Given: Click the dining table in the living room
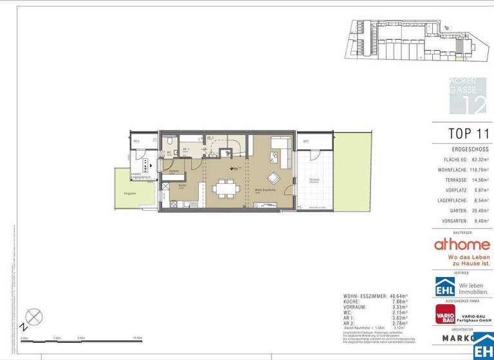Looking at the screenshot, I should [x=226, y=188].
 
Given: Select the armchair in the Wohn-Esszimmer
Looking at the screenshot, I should [x=274, y=179].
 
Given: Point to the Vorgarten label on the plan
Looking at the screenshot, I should [x=130, y=193].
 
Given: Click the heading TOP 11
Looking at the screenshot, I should [x=468, y=134].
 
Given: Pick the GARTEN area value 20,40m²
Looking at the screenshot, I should [x=478, y=210].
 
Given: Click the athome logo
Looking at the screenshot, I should [x=462, y=244].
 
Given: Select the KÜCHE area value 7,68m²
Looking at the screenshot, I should [x=401, y=301].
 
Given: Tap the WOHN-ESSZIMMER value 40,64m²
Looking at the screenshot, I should [x=399, y=296].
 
